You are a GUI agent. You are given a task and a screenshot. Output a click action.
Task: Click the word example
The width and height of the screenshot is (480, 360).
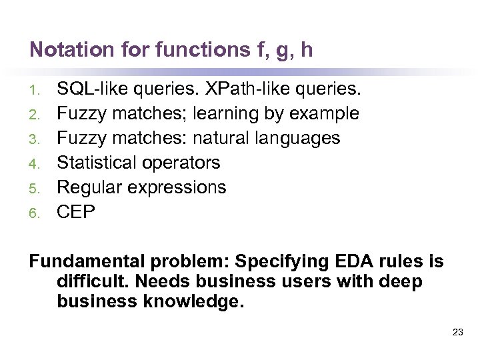(324, 114)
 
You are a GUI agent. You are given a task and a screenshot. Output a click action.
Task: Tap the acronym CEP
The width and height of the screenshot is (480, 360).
(76, 212)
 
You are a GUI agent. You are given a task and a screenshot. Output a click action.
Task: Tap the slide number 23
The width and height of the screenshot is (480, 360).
(457, 331)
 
